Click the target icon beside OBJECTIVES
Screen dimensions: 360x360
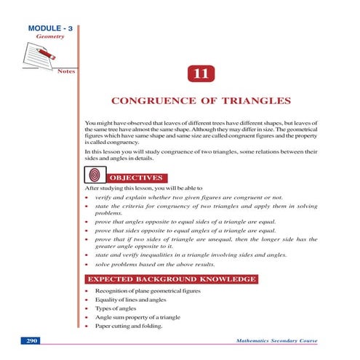pyautogui.click(x=93, y=175)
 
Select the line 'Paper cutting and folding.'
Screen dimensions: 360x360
pyautogui.click(x=132, y=327)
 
